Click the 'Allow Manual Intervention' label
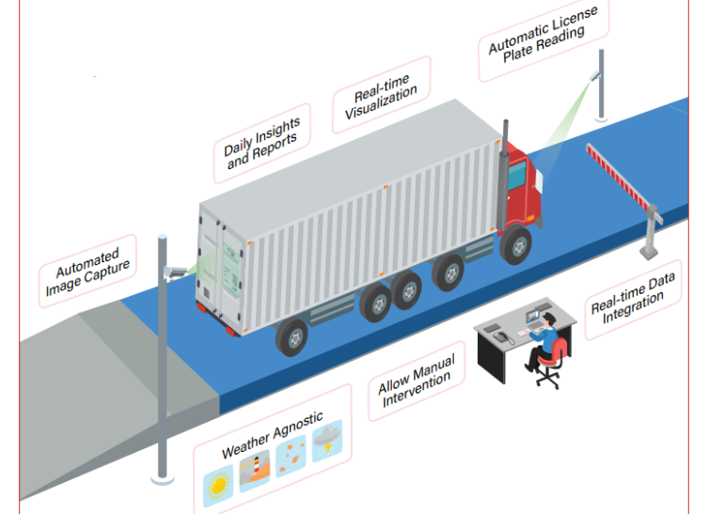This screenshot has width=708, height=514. pos(417,382)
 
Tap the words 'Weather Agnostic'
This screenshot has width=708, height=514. pos(272,434)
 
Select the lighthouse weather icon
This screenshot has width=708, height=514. pos(255,469)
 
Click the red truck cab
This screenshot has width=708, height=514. pos(520,193)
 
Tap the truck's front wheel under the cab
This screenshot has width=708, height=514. pos(515,247)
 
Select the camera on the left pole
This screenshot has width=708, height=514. pos(174,271)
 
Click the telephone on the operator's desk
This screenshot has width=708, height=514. pos(499,334)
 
